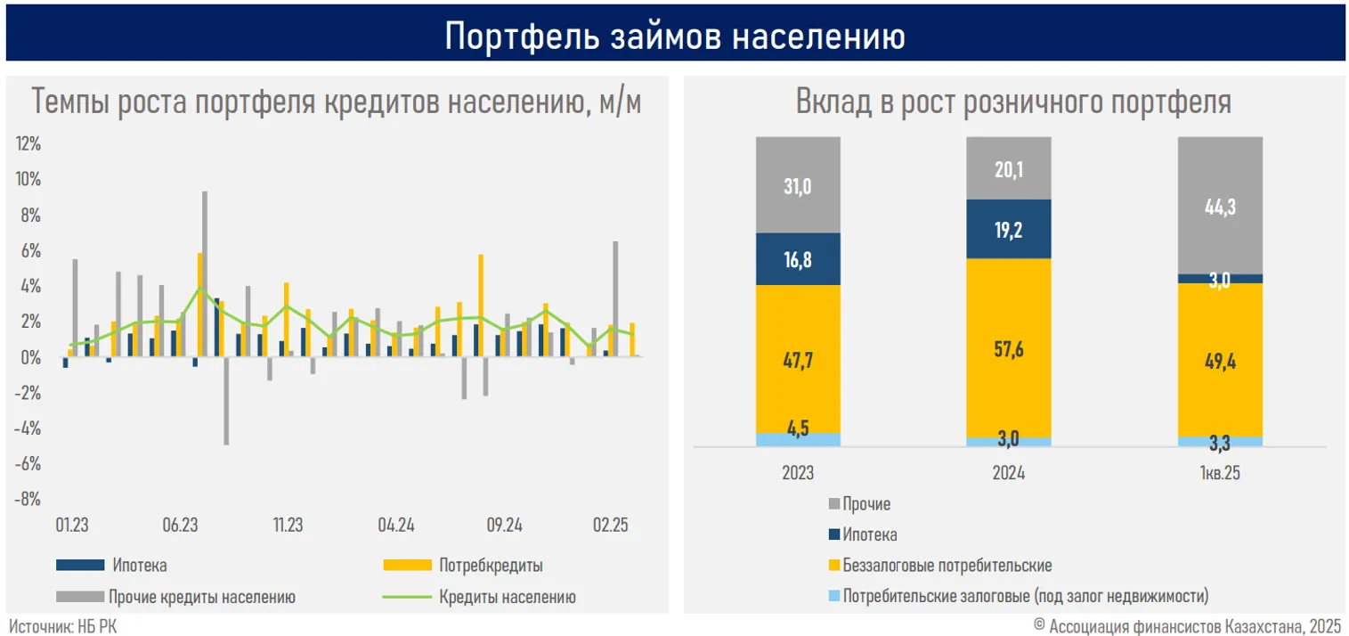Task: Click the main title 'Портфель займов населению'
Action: [674, 37]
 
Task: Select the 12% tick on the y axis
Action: [28, 144]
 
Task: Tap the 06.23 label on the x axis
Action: [180, 526]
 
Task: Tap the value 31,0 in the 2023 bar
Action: [798, 186]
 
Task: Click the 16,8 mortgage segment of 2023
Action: [798, 259]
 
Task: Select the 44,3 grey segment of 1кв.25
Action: [1220, 207]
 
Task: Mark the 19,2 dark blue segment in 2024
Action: [1009, 229]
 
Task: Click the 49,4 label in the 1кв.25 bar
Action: [1220, 361]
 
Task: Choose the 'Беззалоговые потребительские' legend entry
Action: [947, 566]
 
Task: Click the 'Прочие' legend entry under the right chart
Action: [865, 504]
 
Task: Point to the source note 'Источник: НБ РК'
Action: [63, 627]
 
